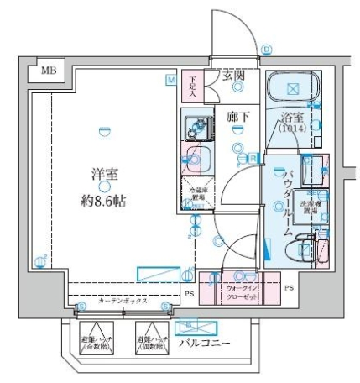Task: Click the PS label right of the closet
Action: click(x=288, y=287)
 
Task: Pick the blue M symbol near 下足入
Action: click(x=170, y=79)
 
